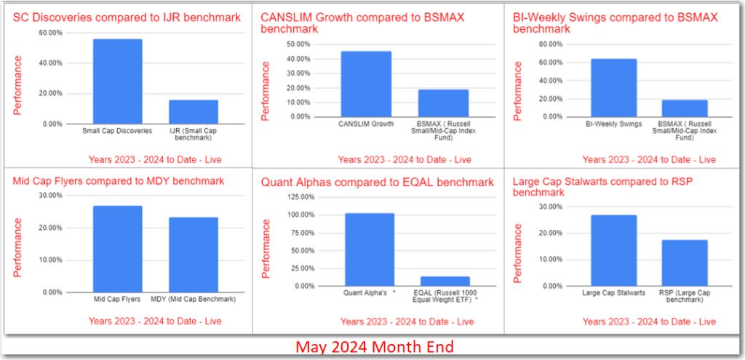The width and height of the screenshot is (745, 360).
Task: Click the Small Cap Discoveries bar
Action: click(117, 81)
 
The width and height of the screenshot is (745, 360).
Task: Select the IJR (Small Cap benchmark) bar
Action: click(193, 111)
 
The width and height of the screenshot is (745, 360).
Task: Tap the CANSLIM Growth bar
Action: click(366, 84)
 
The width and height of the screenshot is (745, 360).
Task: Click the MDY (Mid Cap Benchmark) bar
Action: click(193, 255)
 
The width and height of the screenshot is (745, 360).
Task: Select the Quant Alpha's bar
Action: click(369, 249)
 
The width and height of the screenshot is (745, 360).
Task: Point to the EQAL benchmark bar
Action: click(445, 281)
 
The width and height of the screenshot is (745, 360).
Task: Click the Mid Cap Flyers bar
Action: click(117, 249)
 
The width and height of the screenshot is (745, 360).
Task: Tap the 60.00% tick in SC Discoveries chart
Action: click(51, 33)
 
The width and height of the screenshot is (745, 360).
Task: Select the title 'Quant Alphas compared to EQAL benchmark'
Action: click(377, 181)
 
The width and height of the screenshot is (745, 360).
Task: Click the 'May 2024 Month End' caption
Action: click(373, 347)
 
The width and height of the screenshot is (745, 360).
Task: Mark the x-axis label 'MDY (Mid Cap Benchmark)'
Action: click(193, 299)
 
